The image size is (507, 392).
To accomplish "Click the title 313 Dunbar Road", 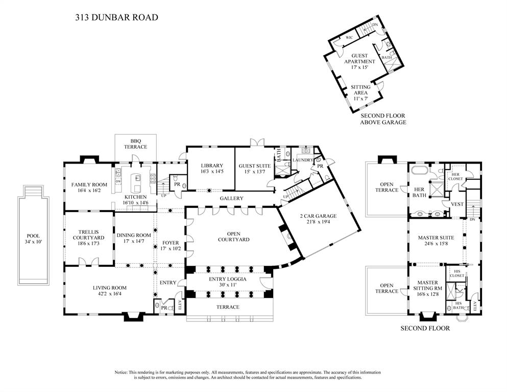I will (x=116, y=17).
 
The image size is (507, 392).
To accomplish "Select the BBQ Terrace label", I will (x=135, y=144).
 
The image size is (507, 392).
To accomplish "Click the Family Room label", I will (x=89, y=185).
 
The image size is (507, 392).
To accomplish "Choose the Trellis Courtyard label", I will (x=88, y=235).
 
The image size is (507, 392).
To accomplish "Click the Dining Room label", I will (x=134, y=235).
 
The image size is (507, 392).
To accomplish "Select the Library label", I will (x=211, y=166).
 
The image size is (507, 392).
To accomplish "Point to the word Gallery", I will (x=231, y=198).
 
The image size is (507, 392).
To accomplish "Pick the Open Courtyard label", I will (x=233, y=236).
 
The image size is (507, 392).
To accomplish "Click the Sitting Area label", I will (x=360, y=90).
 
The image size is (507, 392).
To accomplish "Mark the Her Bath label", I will (x=419, y=192).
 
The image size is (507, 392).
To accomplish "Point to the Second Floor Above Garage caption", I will (x=383, y=119).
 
